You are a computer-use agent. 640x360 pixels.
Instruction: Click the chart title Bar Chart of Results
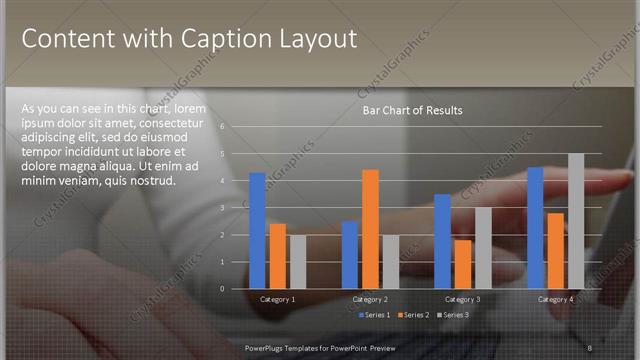coord(412,110)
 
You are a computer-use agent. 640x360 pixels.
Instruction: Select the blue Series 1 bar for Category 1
coord(258,230)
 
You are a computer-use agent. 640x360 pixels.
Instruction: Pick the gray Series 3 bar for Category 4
coord(576,220)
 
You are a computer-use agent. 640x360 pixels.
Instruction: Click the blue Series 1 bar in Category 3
coord(442,241)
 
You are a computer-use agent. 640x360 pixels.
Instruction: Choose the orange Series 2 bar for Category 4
coord(556,250)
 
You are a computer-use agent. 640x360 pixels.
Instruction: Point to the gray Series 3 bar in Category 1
coord(297,261)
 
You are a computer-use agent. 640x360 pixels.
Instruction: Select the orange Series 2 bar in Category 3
coord(462,263)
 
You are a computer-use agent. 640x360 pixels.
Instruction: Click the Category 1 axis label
coord(277,299)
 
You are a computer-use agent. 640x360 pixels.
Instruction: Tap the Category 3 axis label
coord(462,299)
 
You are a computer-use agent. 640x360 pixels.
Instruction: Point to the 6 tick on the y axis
coord(237,127)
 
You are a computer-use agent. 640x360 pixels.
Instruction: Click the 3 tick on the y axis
coord(237,208)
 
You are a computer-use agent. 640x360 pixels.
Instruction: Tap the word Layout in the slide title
coord(313,40)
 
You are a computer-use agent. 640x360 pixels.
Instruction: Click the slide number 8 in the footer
coord(590,347)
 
